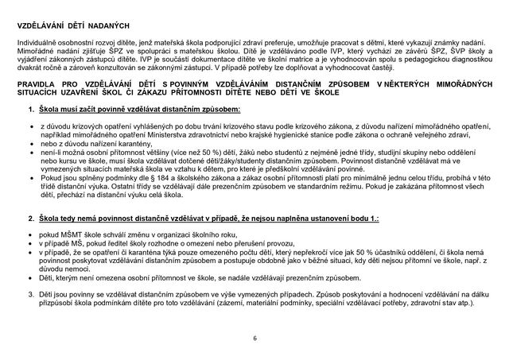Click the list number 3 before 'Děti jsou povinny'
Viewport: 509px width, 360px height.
click(30, 293)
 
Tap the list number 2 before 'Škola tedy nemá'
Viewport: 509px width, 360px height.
click(30, 218)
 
